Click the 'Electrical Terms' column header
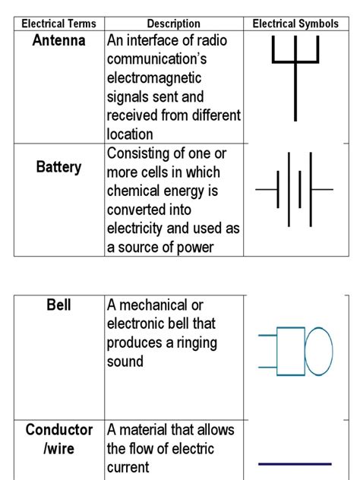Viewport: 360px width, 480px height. tap(58, 24)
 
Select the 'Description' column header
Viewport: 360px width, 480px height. tap(173, 24)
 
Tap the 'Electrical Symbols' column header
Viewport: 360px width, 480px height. tap(295, 24)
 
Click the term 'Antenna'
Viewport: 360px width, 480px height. tap(58, 40)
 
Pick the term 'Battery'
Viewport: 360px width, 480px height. tap(58, 166)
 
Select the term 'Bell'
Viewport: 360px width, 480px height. tap(58, 305)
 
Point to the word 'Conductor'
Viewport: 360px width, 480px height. tap(58, 430)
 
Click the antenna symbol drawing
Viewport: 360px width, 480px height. tap(295, 76)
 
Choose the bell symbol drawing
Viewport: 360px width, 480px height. tap(295, 351)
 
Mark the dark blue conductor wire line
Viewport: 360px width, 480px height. tap(295, 463)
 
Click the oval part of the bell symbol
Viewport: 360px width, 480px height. tap(318, 351)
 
